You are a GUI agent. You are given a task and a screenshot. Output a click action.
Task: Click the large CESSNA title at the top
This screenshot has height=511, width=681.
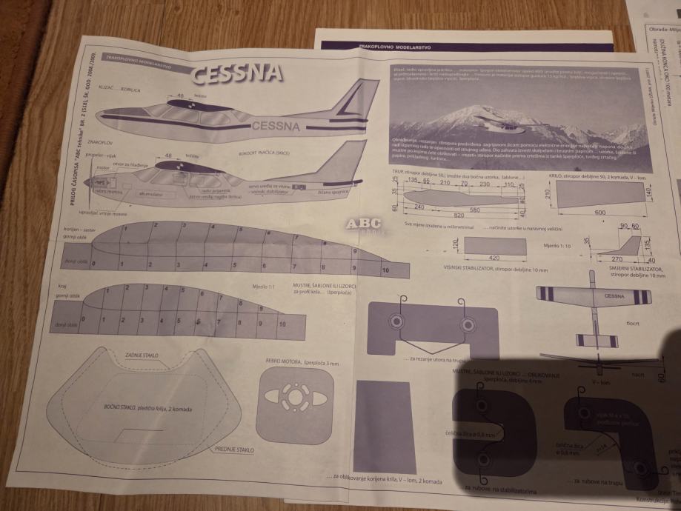click(x=236, y=73)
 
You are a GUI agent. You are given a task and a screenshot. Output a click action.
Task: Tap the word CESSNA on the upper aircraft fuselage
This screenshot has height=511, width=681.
click(x=276, y=126)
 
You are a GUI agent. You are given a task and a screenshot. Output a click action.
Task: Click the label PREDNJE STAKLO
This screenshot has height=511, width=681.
click(x=234, y=449)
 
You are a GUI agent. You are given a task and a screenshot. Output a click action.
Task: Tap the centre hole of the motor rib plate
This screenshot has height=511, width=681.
click(x=295, y=398)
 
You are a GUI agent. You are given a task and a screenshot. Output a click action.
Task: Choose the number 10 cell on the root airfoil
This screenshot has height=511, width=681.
click(x=385, y=270)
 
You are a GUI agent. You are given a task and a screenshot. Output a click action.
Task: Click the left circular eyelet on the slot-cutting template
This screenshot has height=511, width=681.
click(x=396, y=323)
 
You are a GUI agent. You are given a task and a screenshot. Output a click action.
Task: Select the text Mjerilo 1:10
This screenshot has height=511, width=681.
click(x=557, y=244)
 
